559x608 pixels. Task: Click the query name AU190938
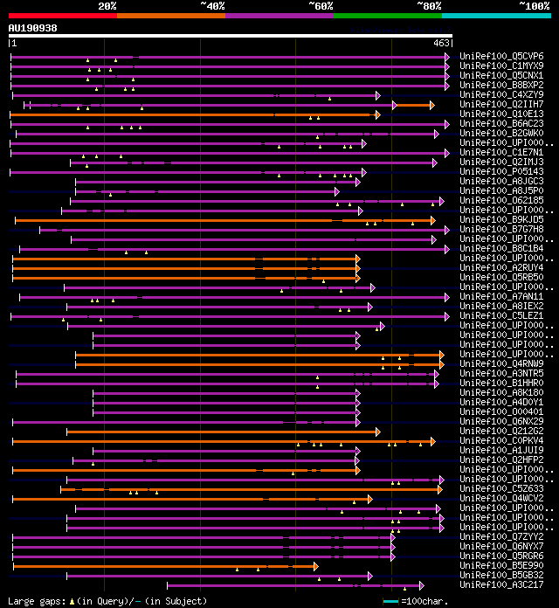pyautogui.click(x=33, y=28)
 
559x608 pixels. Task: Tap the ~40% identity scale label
pyautogui.click(x=212, y=6)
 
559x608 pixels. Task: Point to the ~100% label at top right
pyautogui.click(x=534, y=6)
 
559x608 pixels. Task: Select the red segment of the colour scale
pyautogui.click(x=62, y=16)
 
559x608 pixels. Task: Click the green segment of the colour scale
pyautogui.click(x=387, y=16)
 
